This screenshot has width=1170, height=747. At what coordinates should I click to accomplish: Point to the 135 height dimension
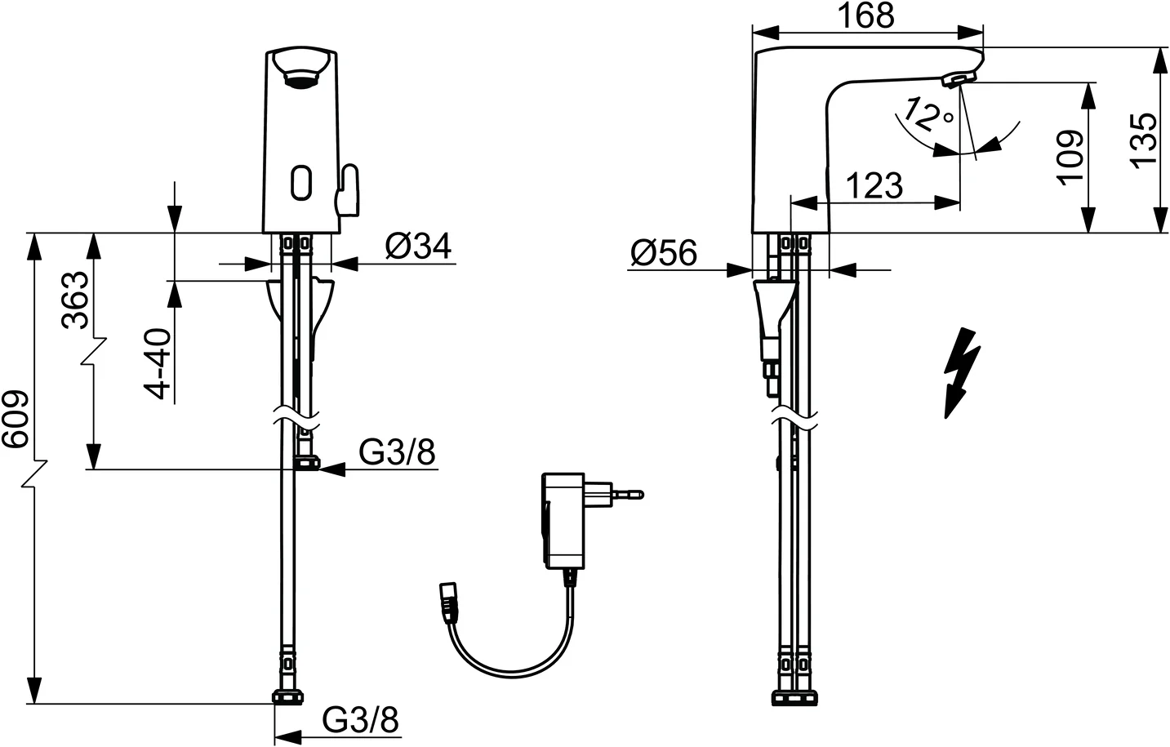1145,140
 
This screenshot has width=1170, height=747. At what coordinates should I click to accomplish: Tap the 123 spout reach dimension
874,186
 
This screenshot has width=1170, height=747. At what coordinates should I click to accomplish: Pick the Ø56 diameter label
664,254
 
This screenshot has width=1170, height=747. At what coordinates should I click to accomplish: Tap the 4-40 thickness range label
159,363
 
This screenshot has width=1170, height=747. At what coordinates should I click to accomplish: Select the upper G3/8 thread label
398,452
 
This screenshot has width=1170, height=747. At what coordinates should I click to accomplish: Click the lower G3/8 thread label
360,720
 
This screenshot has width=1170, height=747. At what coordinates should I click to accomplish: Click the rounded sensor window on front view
300,182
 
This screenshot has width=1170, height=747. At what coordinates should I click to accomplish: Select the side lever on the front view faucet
349,190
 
